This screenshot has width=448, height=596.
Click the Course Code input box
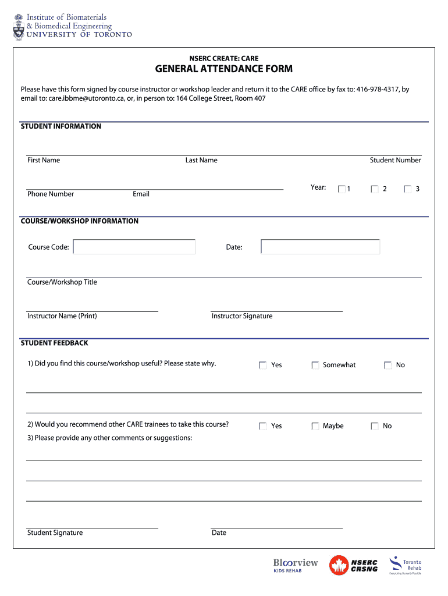pos(134,247)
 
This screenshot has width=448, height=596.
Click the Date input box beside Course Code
pos(321,247)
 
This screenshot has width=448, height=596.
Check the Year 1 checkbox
pos(342,189)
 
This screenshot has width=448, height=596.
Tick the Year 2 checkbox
pos(375,189)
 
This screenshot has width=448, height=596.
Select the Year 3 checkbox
pos(407,189)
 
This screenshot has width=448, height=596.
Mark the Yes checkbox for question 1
pos(263,365)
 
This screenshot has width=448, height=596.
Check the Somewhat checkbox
pos(315,365)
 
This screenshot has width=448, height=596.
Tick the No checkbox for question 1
pos(387,365)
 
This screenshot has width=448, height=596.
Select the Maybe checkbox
pos(315,426)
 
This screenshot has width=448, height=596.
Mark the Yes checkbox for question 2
pos(263,426)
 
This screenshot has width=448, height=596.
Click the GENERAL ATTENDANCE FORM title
pos(223,69)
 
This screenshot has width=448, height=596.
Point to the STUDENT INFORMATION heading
pos(61,126)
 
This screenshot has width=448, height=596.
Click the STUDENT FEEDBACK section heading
pos(55,343)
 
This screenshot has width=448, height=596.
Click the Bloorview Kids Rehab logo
pos(296,565)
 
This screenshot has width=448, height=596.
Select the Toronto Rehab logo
pos(406,565)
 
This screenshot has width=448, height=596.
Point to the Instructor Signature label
pos(242,316)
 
